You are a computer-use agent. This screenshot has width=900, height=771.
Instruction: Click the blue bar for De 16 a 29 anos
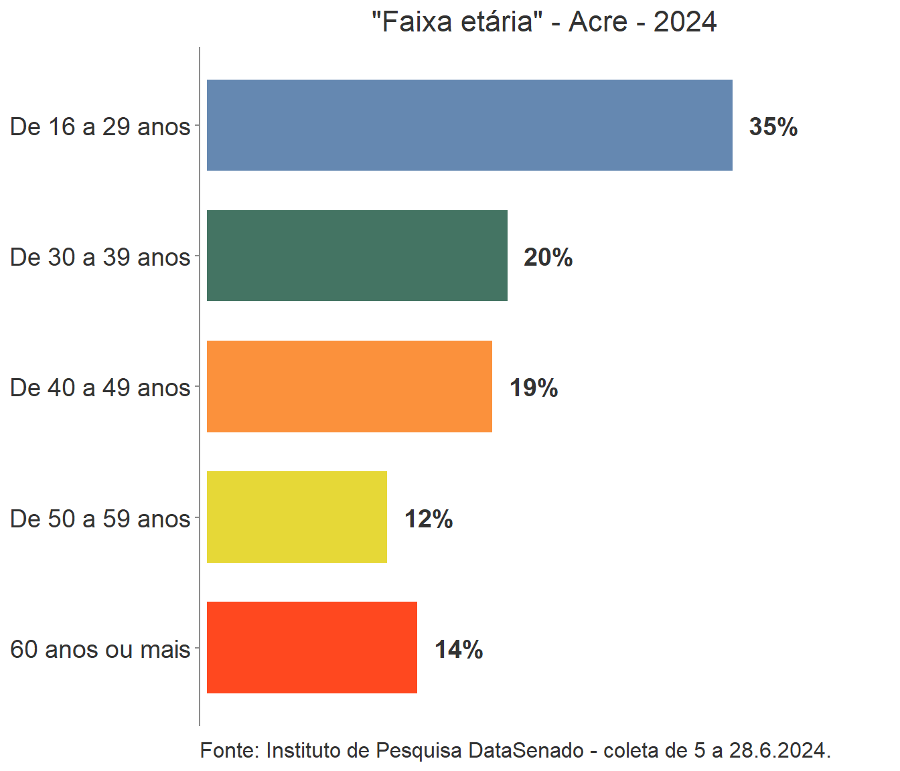(x=469, y=125)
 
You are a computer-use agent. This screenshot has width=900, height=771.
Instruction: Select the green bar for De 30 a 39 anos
(x=357, y=256)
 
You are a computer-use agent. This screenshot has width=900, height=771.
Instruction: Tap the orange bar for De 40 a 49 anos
(x=349, y=386)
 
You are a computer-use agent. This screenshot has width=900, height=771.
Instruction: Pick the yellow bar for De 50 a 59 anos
(x=297, y=517)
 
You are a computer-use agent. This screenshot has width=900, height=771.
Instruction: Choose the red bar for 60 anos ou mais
(x=311, y=647)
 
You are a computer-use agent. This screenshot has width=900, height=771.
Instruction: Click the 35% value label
(x=773, y=126)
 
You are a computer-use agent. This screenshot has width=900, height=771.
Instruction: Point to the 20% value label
(x=548, y=257)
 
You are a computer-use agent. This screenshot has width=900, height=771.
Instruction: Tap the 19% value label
(x=534, y=388)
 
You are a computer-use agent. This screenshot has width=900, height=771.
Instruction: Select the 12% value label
(x=429, y=519)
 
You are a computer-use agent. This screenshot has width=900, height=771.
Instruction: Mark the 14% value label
(x=459, y=649)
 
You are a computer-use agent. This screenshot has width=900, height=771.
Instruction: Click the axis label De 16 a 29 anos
(x=100, y=126)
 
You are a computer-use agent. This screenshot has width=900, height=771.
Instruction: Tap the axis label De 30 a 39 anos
(x=100, y=257)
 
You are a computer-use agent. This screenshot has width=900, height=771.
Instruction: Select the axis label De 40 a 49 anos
(x=100, y=388)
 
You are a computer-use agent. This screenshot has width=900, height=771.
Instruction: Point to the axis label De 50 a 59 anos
(x=100, y=519)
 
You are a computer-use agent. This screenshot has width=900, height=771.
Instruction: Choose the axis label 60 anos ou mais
(x=100, y=649)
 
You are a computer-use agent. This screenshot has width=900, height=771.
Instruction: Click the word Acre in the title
(x=598, y=22)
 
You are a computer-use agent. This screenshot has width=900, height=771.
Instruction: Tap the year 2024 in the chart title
(x=685, y=22)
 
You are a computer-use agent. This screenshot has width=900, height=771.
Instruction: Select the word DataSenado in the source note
(x=526, y=750)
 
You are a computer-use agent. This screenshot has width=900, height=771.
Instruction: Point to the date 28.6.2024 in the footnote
(x=779, y=750)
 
